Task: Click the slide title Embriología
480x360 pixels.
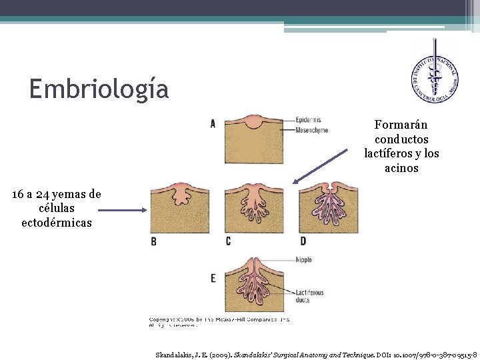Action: point(99,89)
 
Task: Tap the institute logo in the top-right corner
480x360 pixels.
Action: point(434,71)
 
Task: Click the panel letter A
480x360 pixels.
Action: point(213,123)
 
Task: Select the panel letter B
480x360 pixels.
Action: point(154,241)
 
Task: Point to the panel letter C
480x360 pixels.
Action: point(229,241)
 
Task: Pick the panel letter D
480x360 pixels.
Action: point(303,241)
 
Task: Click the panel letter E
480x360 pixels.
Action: point(213,277)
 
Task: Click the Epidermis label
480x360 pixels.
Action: point(312,121)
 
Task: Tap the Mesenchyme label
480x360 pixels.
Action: point(312,131)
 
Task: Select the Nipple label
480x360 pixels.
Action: point(303,259)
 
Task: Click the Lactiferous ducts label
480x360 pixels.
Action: point(310,296)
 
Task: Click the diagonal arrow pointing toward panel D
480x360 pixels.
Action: point(321,165)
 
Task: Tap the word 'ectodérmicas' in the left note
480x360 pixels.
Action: point(57,222)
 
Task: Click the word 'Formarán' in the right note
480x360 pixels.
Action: point(401,125)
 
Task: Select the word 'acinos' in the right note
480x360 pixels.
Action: point(401,168)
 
